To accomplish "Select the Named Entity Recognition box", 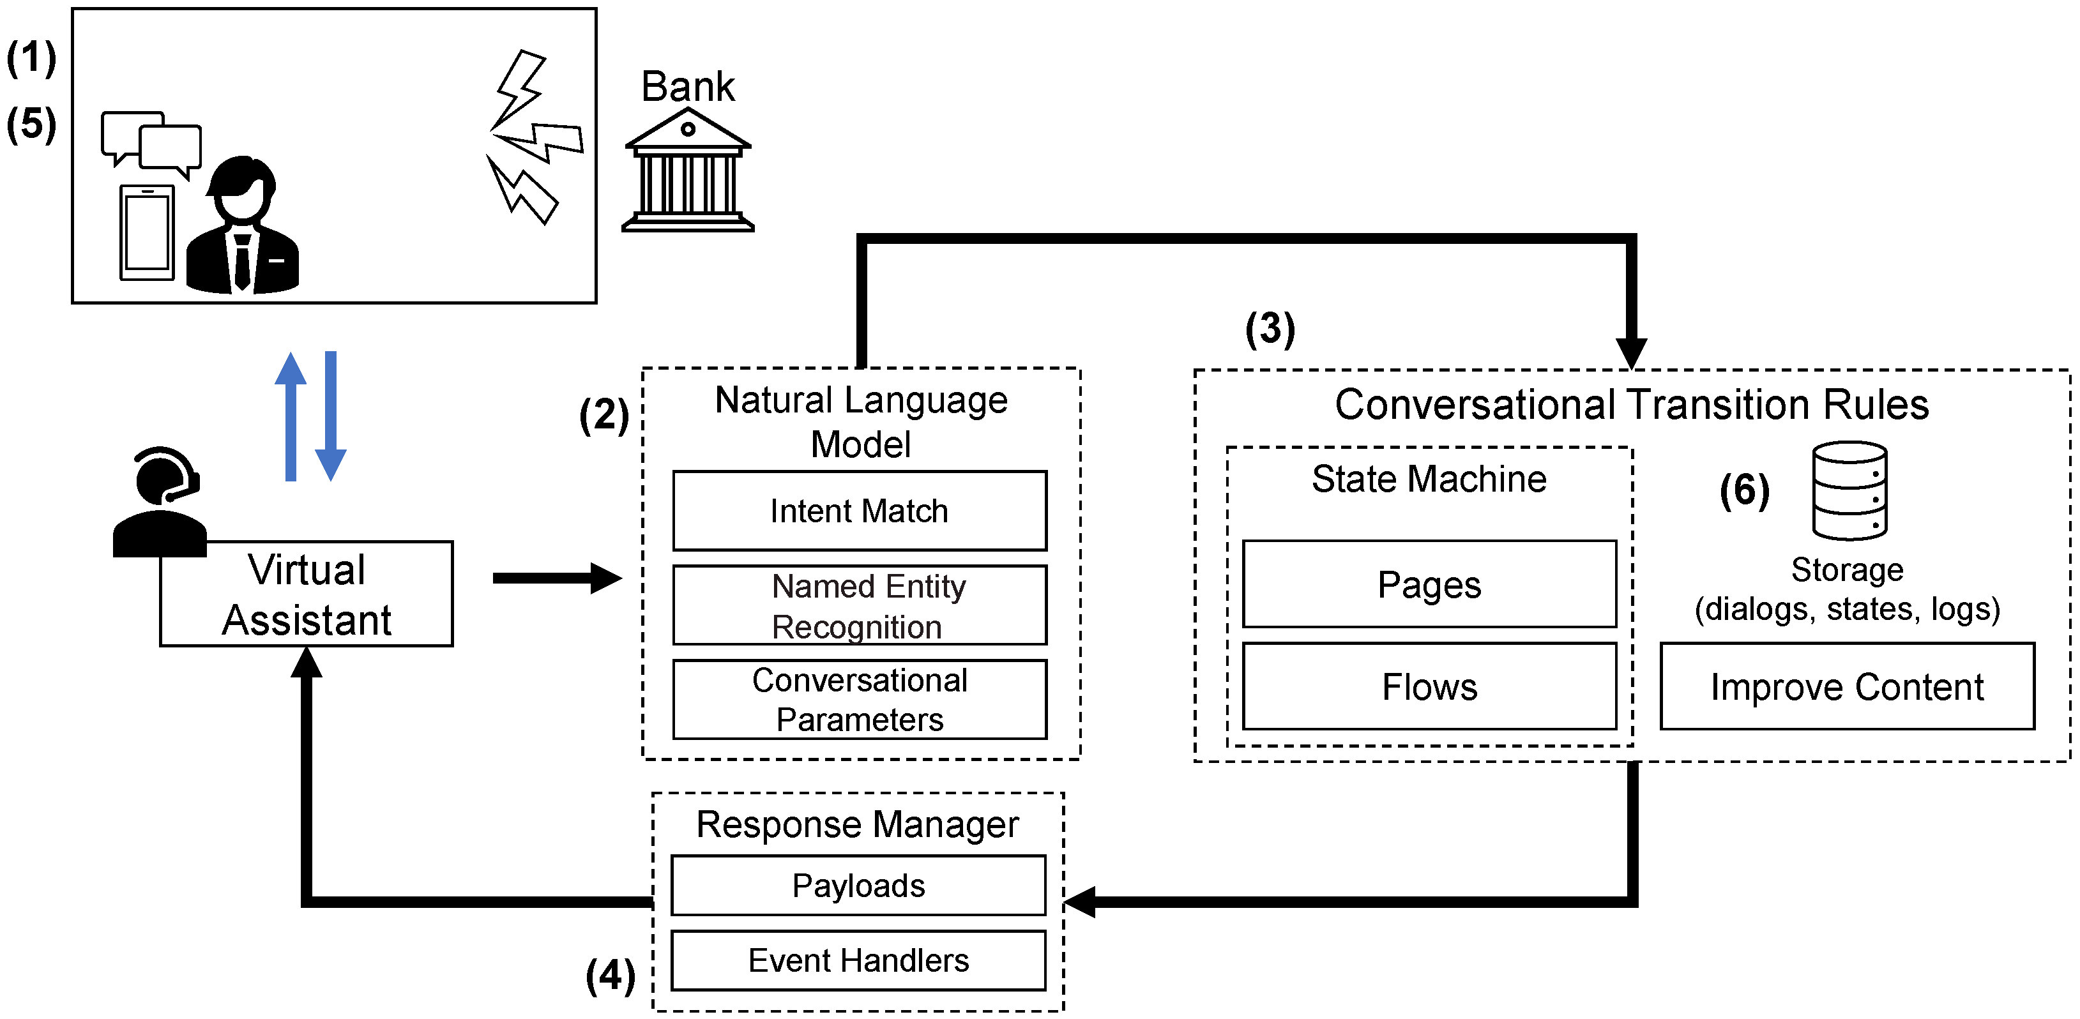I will pos(859,605).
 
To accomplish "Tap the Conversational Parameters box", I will pos(859,699).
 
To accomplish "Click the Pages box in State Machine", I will pos(1429,584).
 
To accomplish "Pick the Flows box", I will pos(1429,686).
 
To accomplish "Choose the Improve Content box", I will pos(1847,686).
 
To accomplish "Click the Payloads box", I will pos(858,885).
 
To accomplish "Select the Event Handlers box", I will pos(858,960).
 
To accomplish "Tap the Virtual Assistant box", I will pos(306,594).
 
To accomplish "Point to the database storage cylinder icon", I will pos(1849,490).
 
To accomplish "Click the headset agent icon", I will pos(160,501).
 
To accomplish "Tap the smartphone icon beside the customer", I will pos(147,232).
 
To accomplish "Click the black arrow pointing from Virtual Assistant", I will pos(556,578).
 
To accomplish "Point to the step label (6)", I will pos(1744,490).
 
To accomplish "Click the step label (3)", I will pos(1270,329).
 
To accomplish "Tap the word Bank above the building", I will pos(688,86).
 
